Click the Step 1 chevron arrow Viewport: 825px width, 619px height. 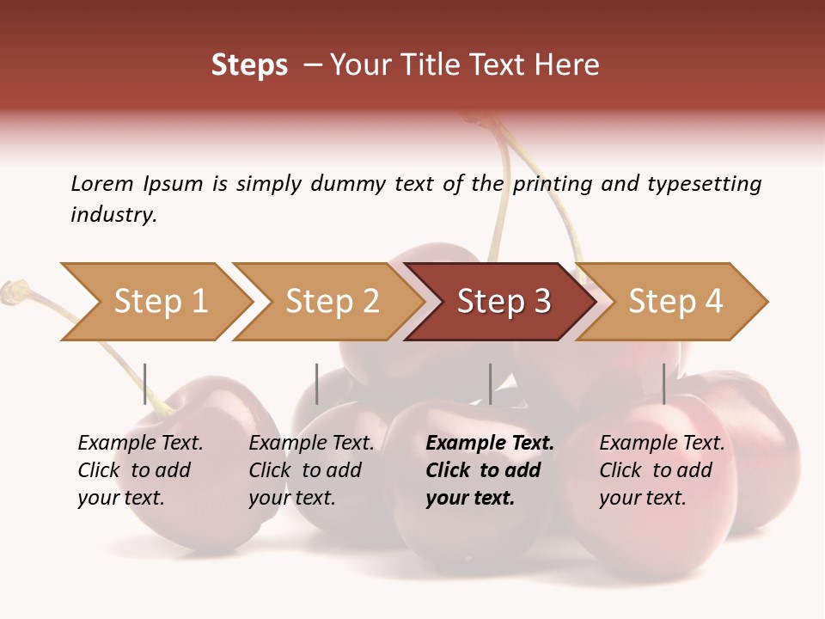[159, 302]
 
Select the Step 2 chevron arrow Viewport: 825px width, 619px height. [331, 302]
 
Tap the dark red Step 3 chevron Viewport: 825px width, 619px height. [503, 302]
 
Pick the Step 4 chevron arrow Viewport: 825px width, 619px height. [675, 302]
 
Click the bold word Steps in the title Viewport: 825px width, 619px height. [249, 65]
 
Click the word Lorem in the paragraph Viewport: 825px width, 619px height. [101, 183]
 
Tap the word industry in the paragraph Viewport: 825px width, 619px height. [113, 214]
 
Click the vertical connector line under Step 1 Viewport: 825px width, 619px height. [144, 383]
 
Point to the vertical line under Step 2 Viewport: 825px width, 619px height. [316, 383]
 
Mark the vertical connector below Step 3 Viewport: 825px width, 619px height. [490, 383]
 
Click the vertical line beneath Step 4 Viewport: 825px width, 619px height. [663, 383]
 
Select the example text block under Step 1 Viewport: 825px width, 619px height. [140, 470]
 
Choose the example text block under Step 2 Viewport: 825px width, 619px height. [311, 470]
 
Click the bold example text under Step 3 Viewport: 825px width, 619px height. [489, 470]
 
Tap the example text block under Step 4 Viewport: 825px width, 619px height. [662, 470]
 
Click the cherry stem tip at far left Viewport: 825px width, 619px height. [12, 291]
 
